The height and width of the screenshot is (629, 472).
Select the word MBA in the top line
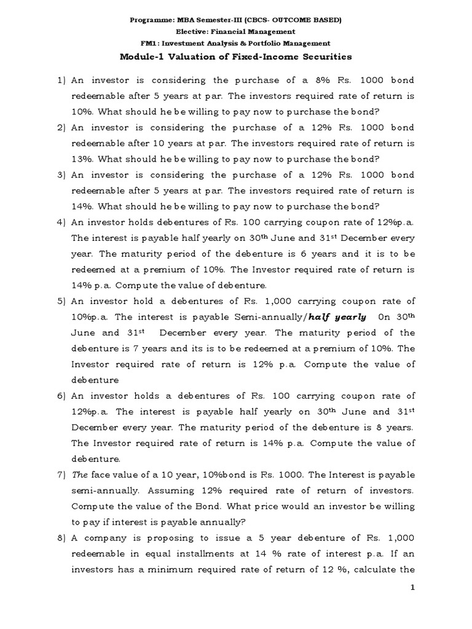pyautogui.click(x=191, y=20)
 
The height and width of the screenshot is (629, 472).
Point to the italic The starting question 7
pyautogui.click(x=80, y=475)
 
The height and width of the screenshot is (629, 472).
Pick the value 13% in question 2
pyautogui.click(x=82, y=158)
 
